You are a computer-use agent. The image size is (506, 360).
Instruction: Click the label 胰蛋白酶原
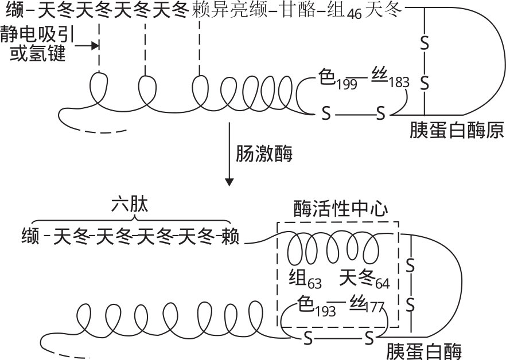pyautogui.click(x=457, y=131)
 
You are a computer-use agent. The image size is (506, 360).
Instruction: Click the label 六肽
pyautogui.click(x=130, y=206)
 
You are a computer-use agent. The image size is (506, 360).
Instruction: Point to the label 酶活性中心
pyautogui.click(x=337, y=208)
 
